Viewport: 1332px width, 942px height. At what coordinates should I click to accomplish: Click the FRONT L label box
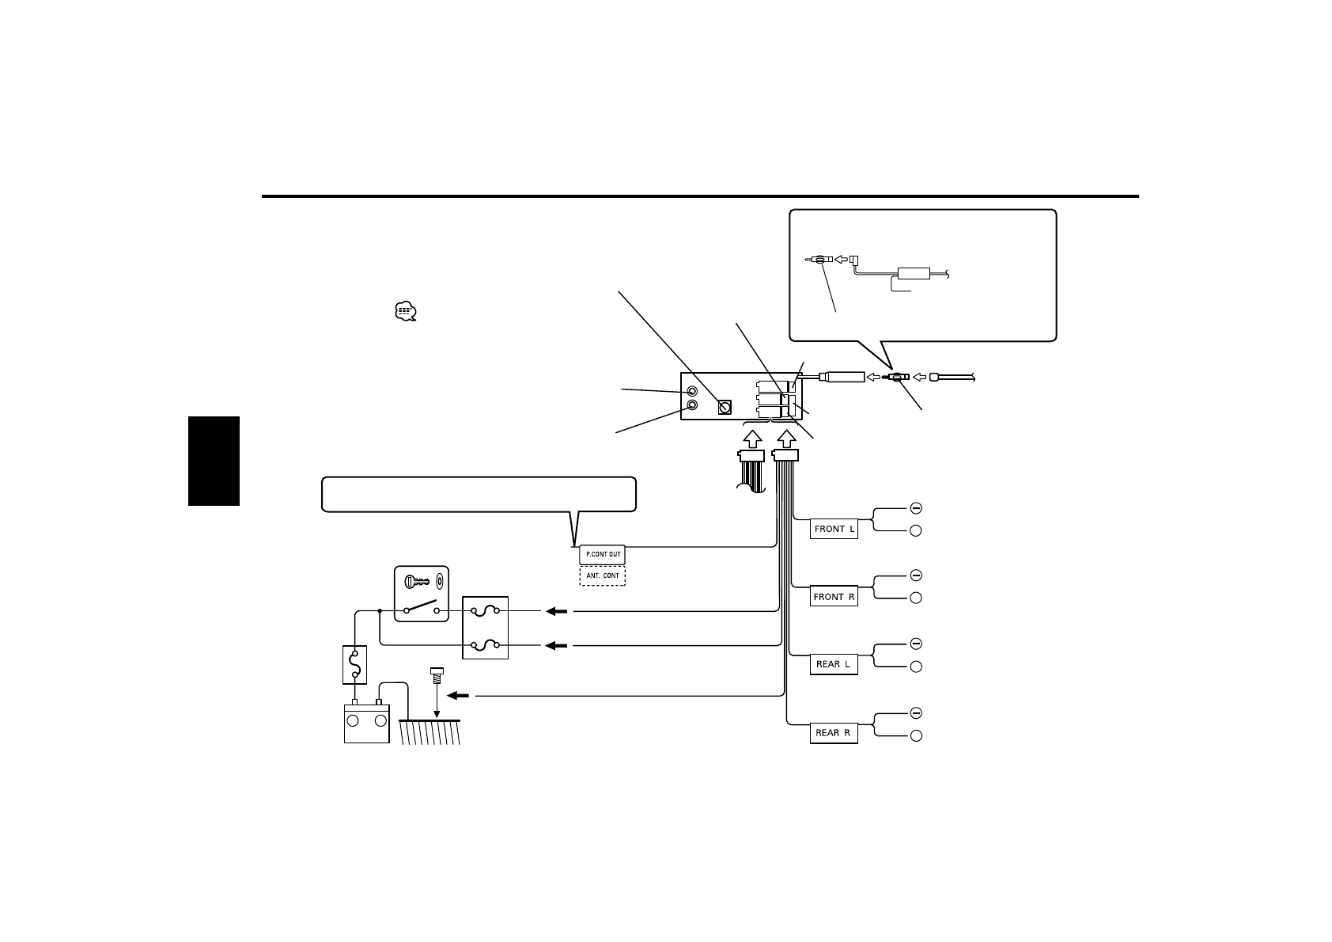(x=834, y=529)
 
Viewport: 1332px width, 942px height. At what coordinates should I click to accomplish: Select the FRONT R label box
(x=834, y=597)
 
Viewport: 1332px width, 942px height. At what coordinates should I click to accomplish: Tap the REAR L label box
(x=834, y=664)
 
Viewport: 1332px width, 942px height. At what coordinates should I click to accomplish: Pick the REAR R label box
(x=834, y=733)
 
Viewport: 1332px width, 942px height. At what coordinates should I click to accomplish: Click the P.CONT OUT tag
(x=603, y=554)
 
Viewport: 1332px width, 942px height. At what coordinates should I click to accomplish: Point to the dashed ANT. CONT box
(x=603, y=575)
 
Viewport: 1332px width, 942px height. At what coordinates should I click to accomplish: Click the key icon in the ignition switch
(x=417, y=583)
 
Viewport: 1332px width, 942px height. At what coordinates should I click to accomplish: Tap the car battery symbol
(x=366, y=722)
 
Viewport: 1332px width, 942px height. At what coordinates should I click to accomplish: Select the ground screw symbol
(x=436, y=677)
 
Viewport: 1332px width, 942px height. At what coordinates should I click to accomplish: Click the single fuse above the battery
(x=354, y=664)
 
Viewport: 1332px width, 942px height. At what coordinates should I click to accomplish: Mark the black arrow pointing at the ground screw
(x=458, y=697)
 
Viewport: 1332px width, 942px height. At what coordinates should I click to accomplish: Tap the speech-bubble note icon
(x=405, y=312)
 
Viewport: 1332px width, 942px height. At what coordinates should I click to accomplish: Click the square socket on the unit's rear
(x=724, y=408)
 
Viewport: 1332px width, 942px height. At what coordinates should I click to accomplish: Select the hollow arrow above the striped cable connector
(x=751, y=438)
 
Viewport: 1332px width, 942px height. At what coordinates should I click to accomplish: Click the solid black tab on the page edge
(x=214, y=461)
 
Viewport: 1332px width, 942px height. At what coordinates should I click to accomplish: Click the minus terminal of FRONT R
(x=915, y=575)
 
